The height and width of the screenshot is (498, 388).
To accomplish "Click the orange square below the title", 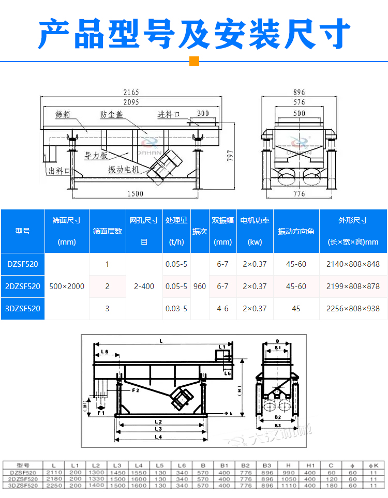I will [x=195, y=62].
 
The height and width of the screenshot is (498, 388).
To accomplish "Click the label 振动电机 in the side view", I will [x=123, y=169].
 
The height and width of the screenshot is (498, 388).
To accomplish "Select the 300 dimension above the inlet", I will [x=203, y=114].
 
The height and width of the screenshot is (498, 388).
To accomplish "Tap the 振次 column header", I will [x=200, y=231].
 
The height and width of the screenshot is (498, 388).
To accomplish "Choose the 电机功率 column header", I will [x=255, y=220].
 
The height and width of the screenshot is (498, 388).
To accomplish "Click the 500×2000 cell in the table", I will [x=67, y=286].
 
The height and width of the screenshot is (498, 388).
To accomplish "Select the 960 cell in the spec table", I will [x=200, y=286].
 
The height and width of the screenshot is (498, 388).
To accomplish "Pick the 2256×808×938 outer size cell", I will [x=353, y=309].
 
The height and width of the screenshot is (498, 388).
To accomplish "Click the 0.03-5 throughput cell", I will [x=176, y=309].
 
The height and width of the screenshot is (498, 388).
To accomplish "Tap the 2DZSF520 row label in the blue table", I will [x=23, y=286].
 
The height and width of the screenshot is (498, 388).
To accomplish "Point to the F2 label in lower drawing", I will [x=135, y=391].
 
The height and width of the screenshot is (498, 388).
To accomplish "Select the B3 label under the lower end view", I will [x=278, y=425].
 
